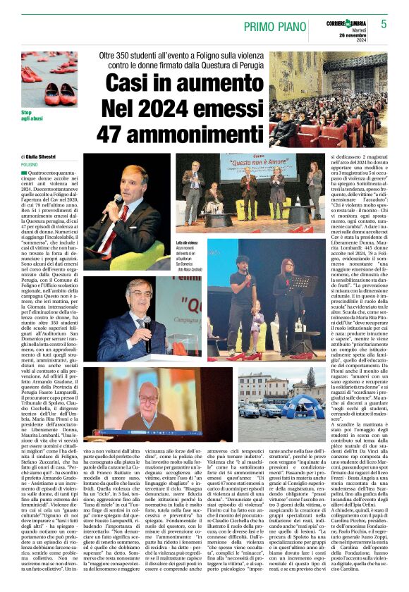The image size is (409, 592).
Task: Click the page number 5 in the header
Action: click(384, 23)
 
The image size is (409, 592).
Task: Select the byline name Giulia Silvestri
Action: click(39, 157)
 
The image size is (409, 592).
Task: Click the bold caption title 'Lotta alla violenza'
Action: click(188, 243)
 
